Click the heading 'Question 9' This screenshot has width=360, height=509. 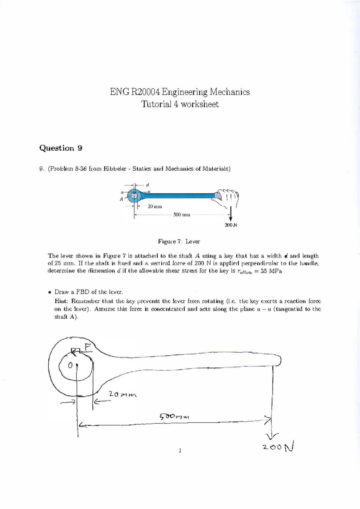61,148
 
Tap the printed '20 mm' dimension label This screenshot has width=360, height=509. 154,207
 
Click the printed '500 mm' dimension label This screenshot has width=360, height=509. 181,215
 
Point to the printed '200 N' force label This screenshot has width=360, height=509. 231,225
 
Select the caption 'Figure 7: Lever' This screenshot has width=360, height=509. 179,242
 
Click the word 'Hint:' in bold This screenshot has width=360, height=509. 62,301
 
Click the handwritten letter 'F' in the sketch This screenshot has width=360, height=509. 87,347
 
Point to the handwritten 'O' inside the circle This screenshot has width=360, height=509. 70,366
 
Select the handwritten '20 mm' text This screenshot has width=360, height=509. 122,394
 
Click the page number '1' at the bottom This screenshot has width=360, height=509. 179,450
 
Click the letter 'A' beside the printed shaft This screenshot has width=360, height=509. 121,199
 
